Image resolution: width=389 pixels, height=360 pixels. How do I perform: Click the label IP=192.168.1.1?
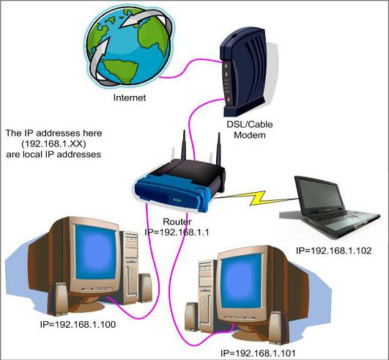[x=179, y=232]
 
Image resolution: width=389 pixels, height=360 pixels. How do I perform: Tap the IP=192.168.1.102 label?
[x=334, y=251]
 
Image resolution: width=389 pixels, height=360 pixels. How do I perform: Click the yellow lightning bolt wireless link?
[x=249, y=197]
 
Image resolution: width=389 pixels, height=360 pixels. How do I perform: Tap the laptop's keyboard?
[x=326, y=223]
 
